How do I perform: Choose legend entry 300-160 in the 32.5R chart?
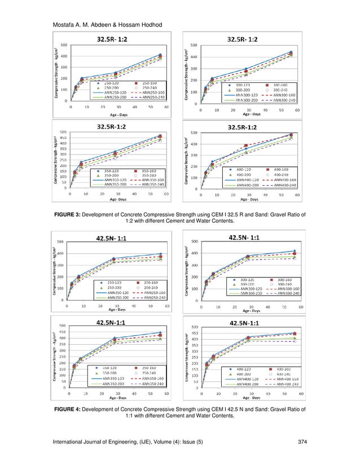click(279, 83)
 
